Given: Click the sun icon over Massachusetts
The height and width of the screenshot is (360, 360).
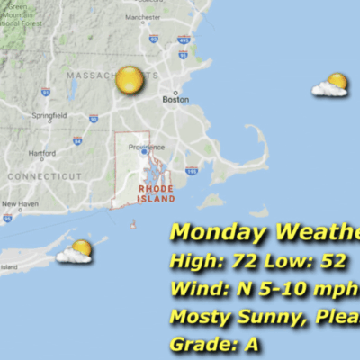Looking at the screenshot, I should pyautogui.click(x=129, y=80).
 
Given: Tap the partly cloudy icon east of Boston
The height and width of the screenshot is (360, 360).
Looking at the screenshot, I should pyautogui.click(x=330, y=85).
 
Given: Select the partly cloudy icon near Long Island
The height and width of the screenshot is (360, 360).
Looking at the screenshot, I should pyautogui.click(x=76, y=251).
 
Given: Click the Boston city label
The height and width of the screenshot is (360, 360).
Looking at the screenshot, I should pyautogui.click(x=175, y=100).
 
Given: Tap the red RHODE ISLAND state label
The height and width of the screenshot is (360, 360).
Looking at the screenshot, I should pyautogui.click(x=155, y=193).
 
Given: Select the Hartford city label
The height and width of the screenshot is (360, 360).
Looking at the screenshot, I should pyautogui.click(x=41, y=153).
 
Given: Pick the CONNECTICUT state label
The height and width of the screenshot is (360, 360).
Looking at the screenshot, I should pyautogui.click(x=38, y=176).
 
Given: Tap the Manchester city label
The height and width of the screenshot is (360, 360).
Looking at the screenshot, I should pyautogui.click(x=143, y=17).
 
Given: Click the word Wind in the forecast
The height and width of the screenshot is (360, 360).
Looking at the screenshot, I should pyautogui.click(x=193, y=290).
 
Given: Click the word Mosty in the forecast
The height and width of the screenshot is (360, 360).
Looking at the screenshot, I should pyautogui.click(x=200, y=317).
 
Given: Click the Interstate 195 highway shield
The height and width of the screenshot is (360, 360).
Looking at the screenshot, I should pyautogui.click(x=191, y=170).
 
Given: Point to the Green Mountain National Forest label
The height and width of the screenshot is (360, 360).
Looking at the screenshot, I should pyautogui.click(x=22, y=15).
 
